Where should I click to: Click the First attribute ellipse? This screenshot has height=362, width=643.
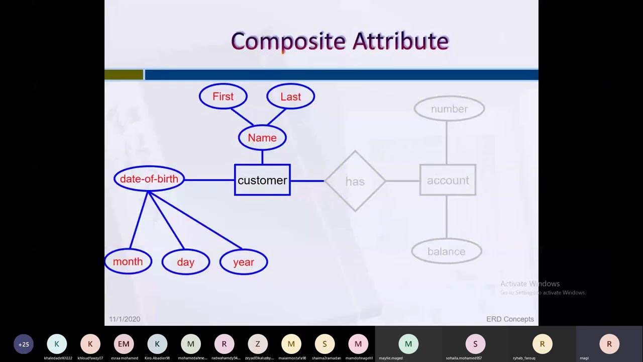223,97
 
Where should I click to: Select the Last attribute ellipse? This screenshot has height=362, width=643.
290,97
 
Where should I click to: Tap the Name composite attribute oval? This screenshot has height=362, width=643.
262,138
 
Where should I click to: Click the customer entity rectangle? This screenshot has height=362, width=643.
262,180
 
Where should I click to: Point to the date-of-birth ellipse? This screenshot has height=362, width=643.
149,179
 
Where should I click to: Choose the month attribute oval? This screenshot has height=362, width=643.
128,261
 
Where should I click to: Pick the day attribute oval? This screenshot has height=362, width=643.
185,262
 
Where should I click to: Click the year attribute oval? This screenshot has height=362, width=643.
244,262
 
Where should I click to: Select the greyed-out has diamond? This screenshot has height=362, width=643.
355,181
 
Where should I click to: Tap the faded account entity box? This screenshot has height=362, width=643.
448,180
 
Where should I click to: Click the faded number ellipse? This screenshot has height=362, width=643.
449,109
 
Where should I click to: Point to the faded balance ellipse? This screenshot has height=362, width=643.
447,251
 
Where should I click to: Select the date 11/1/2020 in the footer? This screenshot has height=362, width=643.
125,319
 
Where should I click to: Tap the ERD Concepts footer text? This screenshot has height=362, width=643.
510,319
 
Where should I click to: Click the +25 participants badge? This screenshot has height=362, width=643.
24,344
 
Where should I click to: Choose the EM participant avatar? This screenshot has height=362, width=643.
124,344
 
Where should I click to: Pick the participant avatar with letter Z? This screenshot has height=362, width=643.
258,344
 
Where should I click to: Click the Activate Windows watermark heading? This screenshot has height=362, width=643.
530,284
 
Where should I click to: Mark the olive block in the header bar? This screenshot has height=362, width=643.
124,75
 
